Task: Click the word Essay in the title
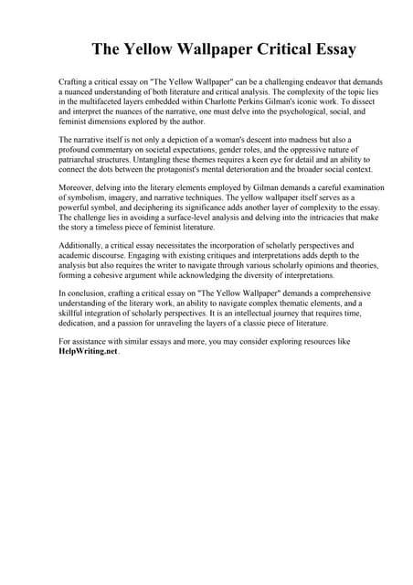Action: [x=325, y=48]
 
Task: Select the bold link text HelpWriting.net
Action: [x=88, y=352]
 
